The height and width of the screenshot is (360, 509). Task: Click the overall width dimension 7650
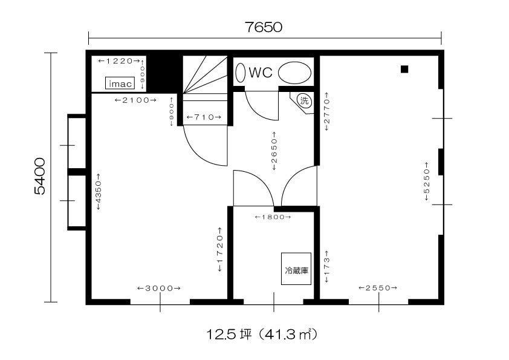[x=263, y=27]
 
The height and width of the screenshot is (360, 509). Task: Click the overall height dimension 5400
[x=40, y=176]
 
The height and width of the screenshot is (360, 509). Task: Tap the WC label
[x=261, y=73]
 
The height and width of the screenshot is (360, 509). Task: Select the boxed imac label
[x=120, y=83]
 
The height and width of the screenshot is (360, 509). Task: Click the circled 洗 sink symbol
[x=304, y=100]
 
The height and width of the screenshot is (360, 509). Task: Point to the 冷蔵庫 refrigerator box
[x=296, y=269]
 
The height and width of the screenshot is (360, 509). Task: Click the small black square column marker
[x=404, y=69]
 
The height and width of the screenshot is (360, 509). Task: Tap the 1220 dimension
[x=119, y=61]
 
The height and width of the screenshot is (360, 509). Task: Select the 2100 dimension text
[x=135, y=100]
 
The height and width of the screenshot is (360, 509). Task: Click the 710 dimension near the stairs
[x=204, y=117]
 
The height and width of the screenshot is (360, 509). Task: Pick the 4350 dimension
[x=99, y=192]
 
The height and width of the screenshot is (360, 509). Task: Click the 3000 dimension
[x=159, y=288]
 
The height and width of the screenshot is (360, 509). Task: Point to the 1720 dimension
[x=220, y=249]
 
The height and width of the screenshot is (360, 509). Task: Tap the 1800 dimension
[x=273, y=217]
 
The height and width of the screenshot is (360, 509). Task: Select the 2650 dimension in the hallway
[x=274, y=151]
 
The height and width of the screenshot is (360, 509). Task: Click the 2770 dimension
[x=326, y=111]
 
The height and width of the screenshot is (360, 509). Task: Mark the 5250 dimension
[x=426, y=182]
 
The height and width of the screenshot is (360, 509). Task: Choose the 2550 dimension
[x=378, y=287]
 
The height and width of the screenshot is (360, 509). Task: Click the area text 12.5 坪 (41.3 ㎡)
[x=262, y=334]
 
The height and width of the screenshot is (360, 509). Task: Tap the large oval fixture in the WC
[x=295, y=73]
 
